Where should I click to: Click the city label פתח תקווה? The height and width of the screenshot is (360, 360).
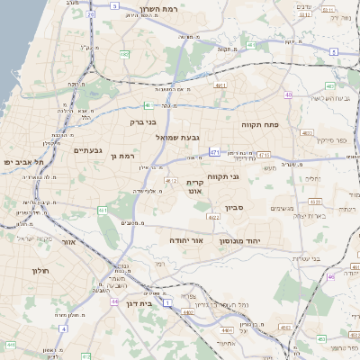click(x=263, y=124)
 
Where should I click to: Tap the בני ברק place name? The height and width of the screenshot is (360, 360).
click(x=144, y=121)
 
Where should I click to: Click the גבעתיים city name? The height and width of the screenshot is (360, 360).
click(x=87, y=150)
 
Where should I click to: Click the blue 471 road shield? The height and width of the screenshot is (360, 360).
click(x=214, y=153)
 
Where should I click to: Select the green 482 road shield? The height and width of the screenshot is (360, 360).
click(x=251, y=45)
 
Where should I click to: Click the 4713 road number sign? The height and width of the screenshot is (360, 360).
click(x=264, y=154)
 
